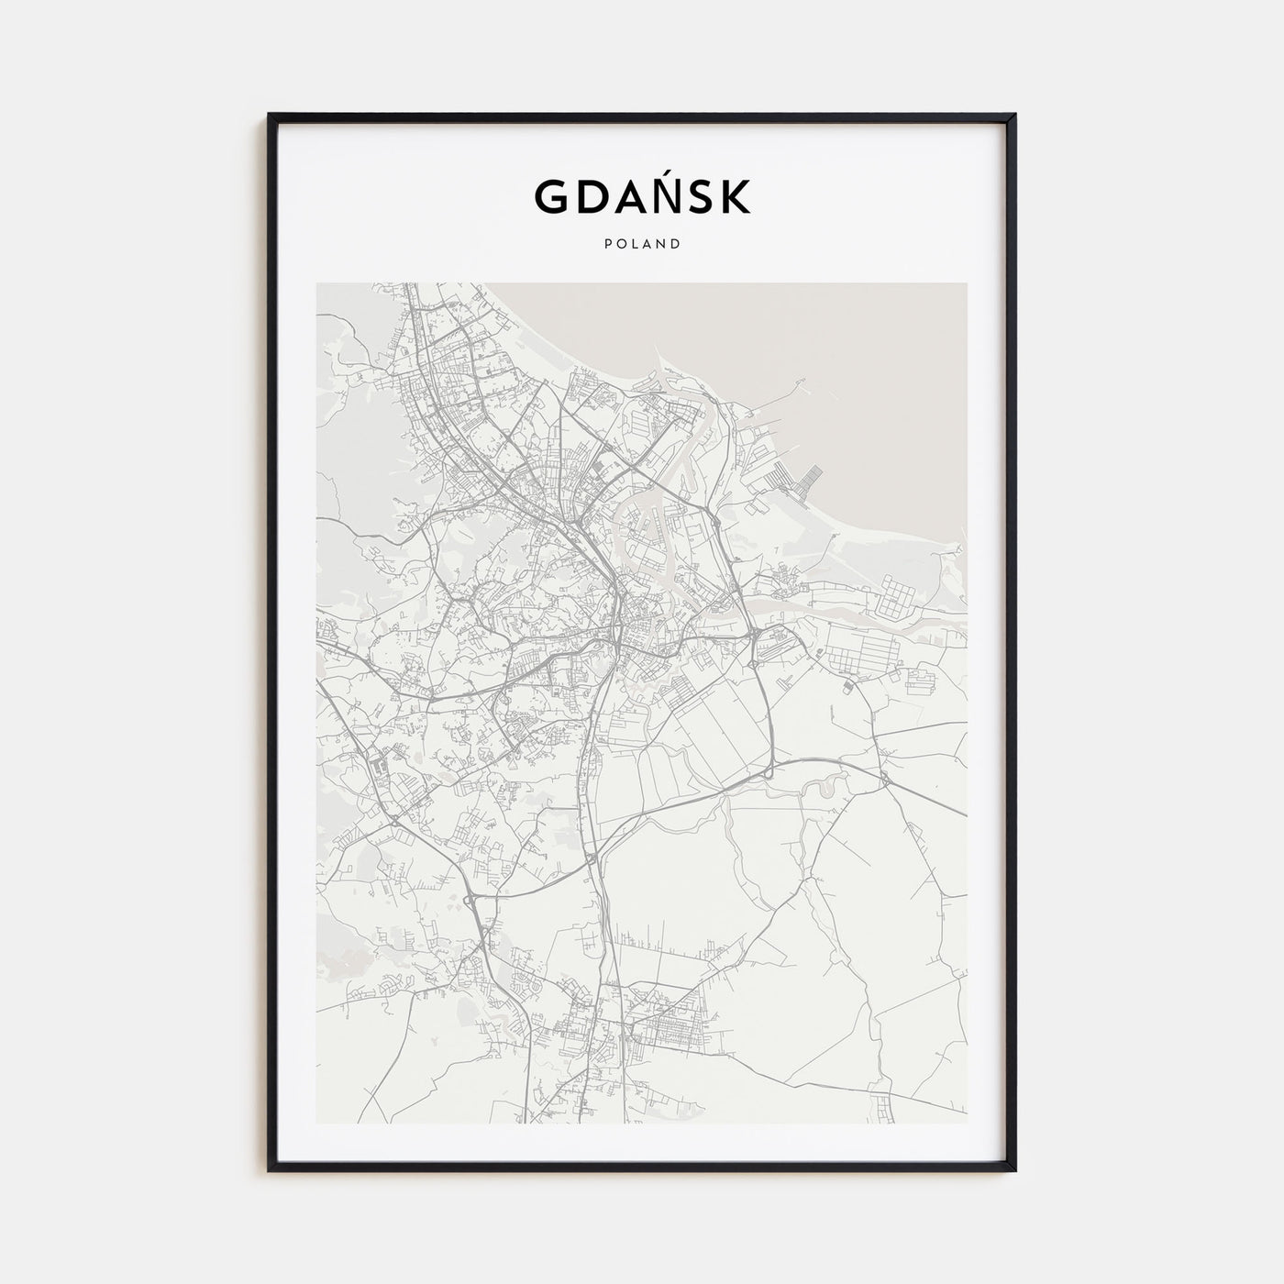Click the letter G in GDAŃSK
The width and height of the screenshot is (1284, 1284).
pyautogui.click(x=553, y=196)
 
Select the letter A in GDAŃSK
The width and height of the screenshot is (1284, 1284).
pyautogui.click(x=636, y=196)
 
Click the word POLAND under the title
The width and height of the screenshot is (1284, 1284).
pyautogui.click(x=642, y=244)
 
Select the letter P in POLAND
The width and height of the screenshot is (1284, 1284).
pyautogui.click(x=608, y=244)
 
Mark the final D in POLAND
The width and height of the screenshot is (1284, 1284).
pyautogui.click(x=675, y=244)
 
